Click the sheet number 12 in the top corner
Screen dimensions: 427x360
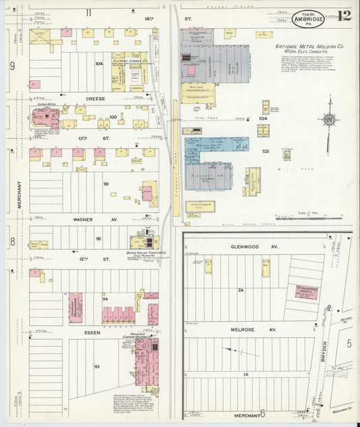pyautogui.click(x=345, y=15)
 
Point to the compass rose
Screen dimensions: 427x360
pyautogui.click(x=329, y=121)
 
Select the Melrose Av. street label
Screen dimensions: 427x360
pyautogui.click(x=245, y=330)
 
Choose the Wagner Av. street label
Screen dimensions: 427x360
pyautogui.click(x=95, y=219)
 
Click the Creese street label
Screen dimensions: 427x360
pyautogui.click(x=95, y=98)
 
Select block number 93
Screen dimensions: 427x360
pyautogui.click(x=97, y=366)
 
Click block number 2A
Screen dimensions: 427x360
pyautogui.click(x=240, y=289)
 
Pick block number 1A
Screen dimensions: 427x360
pyautogui.click(x=247, y=374)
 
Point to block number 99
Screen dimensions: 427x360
pyautogui.click(x=106, y=184)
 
